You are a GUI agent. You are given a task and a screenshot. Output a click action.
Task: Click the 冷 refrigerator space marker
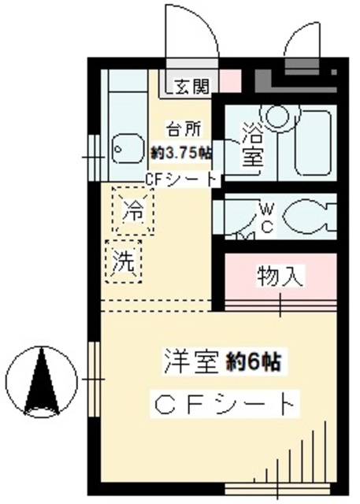click(x=134, y=211)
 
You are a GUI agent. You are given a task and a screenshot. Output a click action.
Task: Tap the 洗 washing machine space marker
click(x=124, y=261)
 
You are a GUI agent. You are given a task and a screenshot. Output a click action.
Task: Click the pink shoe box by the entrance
click(x=228, y=80)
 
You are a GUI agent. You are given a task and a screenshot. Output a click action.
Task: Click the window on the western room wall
click(x=93, y=380)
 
